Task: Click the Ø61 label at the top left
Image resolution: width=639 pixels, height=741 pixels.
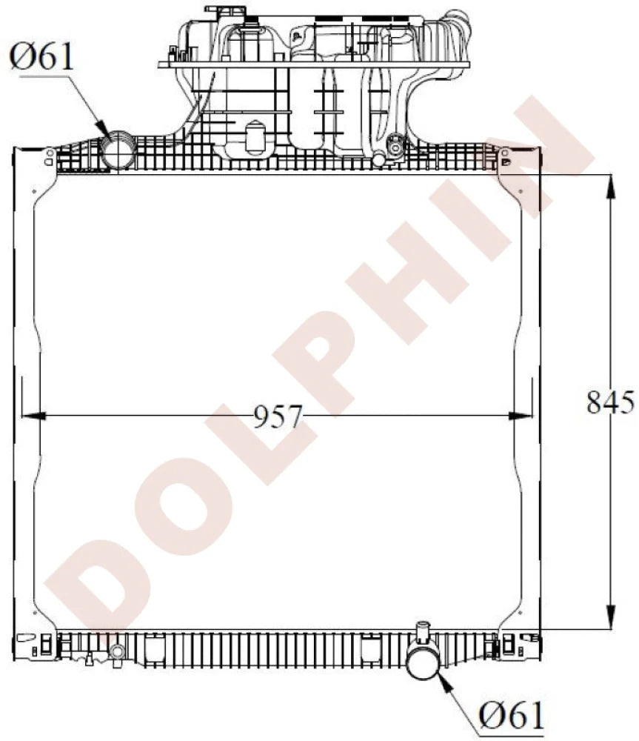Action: coord(42,57)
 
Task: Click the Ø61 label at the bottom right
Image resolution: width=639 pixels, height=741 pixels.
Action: coord(511,715)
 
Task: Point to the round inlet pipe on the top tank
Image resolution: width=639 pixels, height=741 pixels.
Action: coord(117,151)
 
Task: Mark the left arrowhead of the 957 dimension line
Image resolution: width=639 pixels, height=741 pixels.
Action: coord(34,416)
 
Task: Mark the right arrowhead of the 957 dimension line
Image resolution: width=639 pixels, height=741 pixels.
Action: coord(521,416)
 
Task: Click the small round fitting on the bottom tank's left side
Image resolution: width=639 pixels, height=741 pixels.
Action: coord(116,652)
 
